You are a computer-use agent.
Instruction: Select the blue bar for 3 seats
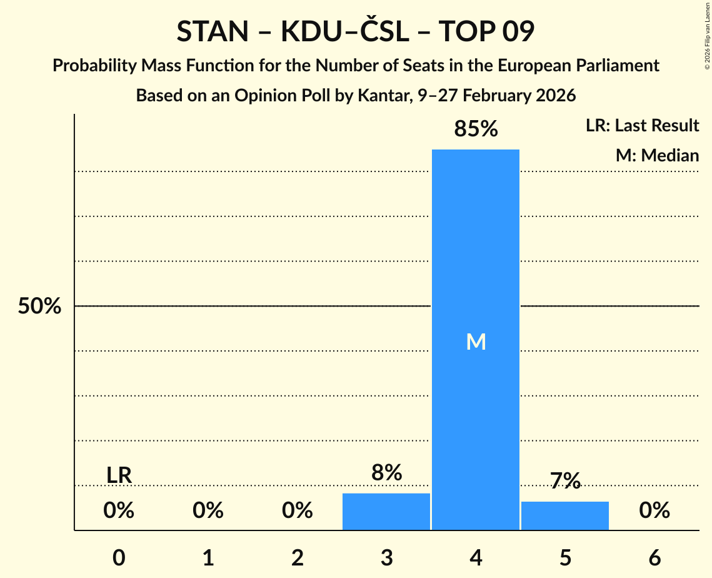click(x=386, y=511)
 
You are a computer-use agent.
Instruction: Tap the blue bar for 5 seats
click(x=565, y=515)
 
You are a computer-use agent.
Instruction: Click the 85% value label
click(x=476, y=129)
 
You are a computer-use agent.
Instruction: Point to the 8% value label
click(x=386, y=472)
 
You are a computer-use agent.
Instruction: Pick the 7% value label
click(x=565, y=481)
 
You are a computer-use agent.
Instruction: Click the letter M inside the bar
click(x=476, y=342)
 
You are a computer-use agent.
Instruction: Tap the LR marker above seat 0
click(x=119, y=475)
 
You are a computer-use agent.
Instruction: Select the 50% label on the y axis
click(x=39, y=307)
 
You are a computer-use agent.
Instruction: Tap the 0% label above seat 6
click(x=654, y=511)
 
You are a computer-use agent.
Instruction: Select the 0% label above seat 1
click(x=208, y=511)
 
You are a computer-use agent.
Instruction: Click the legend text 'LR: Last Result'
click(x=642, y=126)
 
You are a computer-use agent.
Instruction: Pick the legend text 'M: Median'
click(x=657, y=155)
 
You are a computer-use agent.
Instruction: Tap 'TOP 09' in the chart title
click(x=486, y=32)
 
